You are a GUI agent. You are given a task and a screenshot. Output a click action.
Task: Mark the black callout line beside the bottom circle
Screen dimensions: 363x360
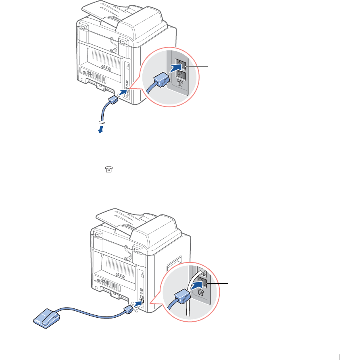tap(218, 283)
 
